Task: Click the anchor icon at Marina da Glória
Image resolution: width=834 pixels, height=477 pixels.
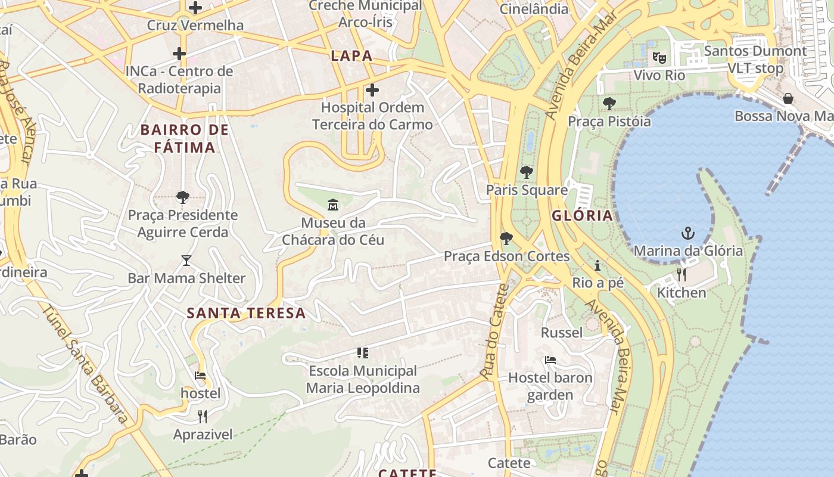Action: point(688,233)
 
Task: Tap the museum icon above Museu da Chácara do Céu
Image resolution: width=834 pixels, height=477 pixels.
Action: point(333,205)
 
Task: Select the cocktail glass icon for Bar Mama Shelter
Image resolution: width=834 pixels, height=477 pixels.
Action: point(186,261)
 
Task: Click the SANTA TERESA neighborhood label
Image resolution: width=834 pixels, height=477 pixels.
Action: point(246,313)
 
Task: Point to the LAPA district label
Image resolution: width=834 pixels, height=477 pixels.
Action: point(351,56)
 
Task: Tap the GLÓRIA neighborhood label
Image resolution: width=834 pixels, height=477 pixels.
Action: point(582,216)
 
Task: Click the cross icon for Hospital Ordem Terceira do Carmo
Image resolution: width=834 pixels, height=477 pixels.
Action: point(372,90)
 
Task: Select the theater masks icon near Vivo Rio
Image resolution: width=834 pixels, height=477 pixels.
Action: point(659,57)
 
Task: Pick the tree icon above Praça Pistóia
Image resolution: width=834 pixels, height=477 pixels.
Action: point(609,104)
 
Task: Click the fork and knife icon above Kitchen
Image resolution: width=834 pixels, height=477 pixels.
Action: point(681,274)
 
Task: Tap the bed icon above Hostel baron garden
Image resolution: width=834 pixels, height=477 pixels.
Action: point(550,360)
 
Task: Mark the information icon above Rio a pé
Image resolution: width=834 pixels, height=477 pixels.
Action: point(598,265)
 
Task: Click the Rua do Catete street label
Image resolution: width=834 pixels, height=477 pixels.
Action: point(496,331)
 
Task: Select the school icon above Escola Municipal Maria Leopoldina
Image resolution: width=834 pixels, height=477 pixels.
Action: point(362,353)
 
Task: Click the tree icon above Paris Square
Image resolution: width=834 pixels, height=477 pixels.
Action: point(526,172)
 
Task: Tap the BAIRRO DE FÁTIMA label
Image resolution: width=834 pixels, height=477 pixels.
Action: point(185,138)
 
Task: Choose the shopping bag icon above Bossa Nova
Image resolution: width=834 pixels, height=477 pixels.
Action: point(788,98)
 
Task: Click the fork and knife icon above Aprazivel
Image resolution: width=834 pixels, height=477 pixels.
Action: point(203,416)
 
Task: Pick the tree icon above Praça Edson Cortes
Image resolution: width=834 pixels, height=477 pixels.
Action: point(506,238)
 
